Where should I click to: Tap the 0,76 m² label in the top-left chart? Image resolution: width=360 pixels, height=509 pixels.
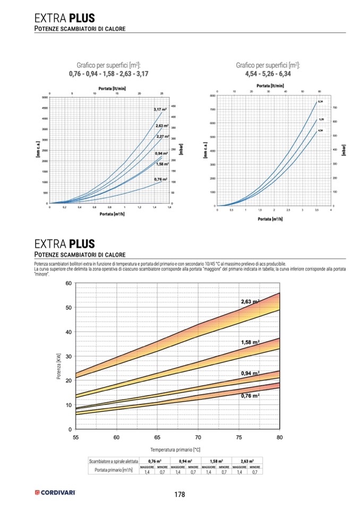click(161, 179)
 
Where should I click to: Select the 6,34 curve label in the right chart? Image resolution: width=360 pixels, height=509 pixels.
click(320, 101)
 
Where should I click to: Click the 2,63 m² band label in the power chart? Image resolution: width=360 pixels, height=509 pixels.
click(250, 301)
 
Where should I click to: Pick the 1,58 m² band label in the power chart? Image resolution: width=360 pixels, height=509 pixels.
click(250, 342)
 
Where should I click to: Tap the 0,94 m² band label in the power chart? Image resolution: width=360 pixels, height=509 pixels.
click(250, 373)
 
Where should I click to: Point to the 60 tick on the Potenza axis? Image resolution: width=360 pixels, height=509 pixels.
click(68, 283)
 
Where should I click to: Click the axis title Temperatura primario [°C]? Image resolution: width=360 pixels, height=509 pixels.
click(177, 449)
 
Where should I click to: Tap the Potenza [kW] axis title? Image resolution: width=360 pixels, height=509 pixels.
click(58, 367)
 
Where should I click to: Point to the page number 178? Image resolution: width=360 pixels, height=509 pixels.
click(179, 494)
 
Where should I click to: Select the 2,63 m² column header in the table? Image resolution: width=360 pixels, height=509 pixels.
click(247, 461)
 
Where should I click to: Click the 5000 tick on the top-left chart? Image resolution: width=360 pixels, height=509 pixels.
click(45, 98)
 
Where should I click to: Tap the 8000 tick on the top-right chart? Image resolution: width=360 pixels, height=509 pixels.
click(212, 96)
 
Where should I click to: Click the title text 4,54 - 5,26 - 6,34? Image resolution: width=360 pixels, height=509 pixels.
click(268, 73)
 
